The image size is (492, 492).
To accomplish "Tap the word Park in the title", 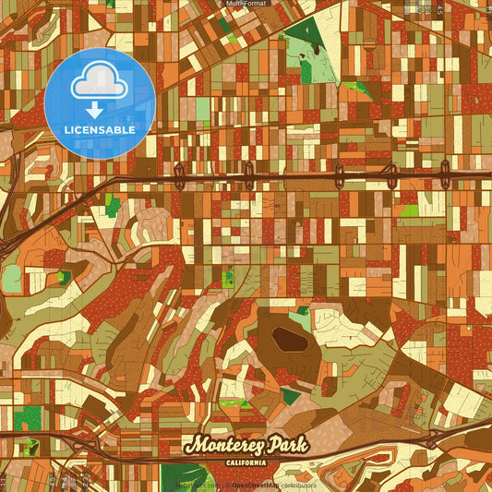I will pos(282,444).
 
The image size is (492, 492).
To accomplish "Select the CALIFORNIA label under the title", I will pos(245,461).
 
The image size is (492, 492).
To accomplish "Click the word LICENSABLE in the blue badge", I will pos(100,130).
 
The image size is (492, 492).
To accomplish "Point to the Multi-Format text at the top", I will pos(246,5).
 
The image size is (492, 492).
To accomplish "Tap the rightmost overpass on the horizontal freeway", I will pos(445,171).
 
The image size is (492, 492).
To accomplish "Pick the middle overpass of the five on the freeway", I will pos(338,173).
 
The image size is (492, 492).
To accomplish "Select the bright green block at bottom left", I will pos(28,418).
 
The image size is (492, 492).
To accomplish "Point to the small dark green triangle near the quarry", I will pos(290,396).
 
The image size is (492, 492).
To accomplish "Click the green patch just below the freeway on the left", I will pos(113,204).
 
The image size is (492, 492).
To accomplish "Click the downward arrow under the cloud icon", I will pos(99,110).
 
